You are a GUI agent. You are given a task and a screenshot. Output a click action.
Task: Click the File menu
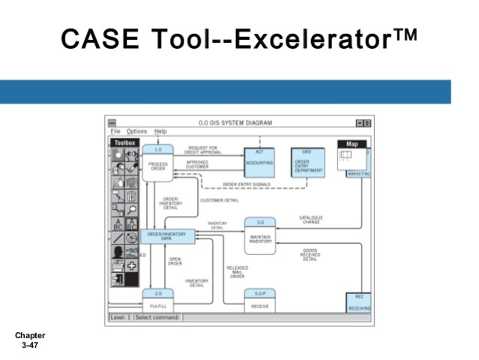point(115,131)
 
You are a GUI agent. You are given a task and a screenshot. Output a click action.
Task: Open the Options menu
point(136,131)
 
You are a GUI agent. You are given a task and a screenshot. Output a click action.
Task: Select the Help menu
point(160,131)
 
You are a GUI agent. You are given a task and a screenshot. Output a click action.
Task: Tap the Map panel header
point(352,143)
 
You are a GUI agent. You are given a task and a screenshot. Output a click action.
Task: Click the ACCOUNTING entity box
point(259,163)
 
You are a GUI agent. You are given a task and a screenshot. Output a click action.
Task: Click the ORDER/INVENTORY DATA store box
point(166,236)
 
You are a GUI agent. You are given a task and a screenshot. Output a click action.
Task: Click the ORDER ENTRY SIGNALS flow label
point(247,184)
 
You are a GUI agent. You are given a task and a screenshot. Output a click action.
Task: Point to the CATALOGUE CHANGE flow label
point(311,220)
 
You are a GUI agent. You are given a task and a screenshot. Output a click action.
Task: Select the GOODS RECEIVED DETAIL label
point(310,254)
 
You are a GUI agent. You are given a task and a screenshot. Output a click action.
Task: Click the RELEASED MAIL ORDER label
point(238,271)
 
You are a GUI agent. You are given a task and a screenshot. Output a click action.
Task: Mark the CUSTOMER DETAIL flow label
point(220,200)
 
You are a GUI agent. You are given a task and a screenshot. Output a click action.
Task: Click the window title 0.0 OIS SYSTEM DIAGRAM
point(235,122)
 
